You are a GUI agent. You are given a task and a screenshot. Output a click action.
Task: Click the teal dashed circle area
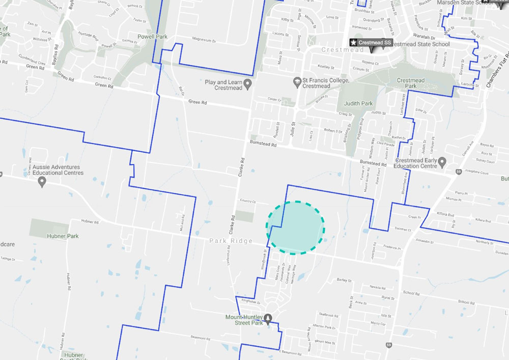click(295, 228)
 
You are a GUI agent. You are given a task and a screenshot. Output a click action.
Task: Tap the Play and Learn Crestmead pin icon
click(247, 83)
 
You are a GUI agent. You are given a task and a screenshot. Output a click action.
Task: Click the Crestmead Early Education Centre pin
click(442, 162)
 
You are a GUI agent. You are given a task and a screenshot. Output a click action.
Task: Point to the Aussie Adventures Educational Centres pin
click(42, 182)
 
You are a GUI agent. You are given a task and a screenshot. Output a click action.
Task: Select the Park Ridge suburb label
click(231, 241)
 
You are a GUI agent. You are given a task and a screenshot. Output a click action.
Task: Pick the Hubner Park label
click(62, 236)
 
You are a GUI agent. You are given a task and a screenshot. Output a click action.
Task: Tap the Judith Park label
click(360, 103)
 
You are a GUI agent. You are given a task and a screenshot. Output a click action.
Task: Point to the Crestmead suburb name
click(336, 50)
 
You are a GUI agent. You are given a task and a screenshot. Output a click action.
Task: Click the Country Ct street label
click(246, 201)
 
